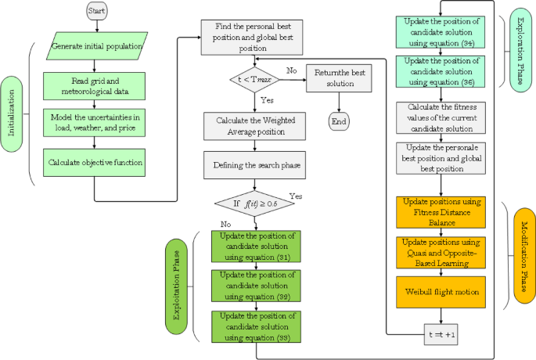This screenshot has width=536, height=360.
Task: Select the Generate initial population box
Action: (95, 46)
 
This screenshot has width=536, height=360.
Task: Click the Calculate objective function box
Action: (94, 163)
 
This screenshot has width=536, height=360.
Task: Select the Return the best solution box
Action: (340, 77)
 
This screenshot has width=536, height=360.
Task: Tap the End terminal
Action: (340, 121)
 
